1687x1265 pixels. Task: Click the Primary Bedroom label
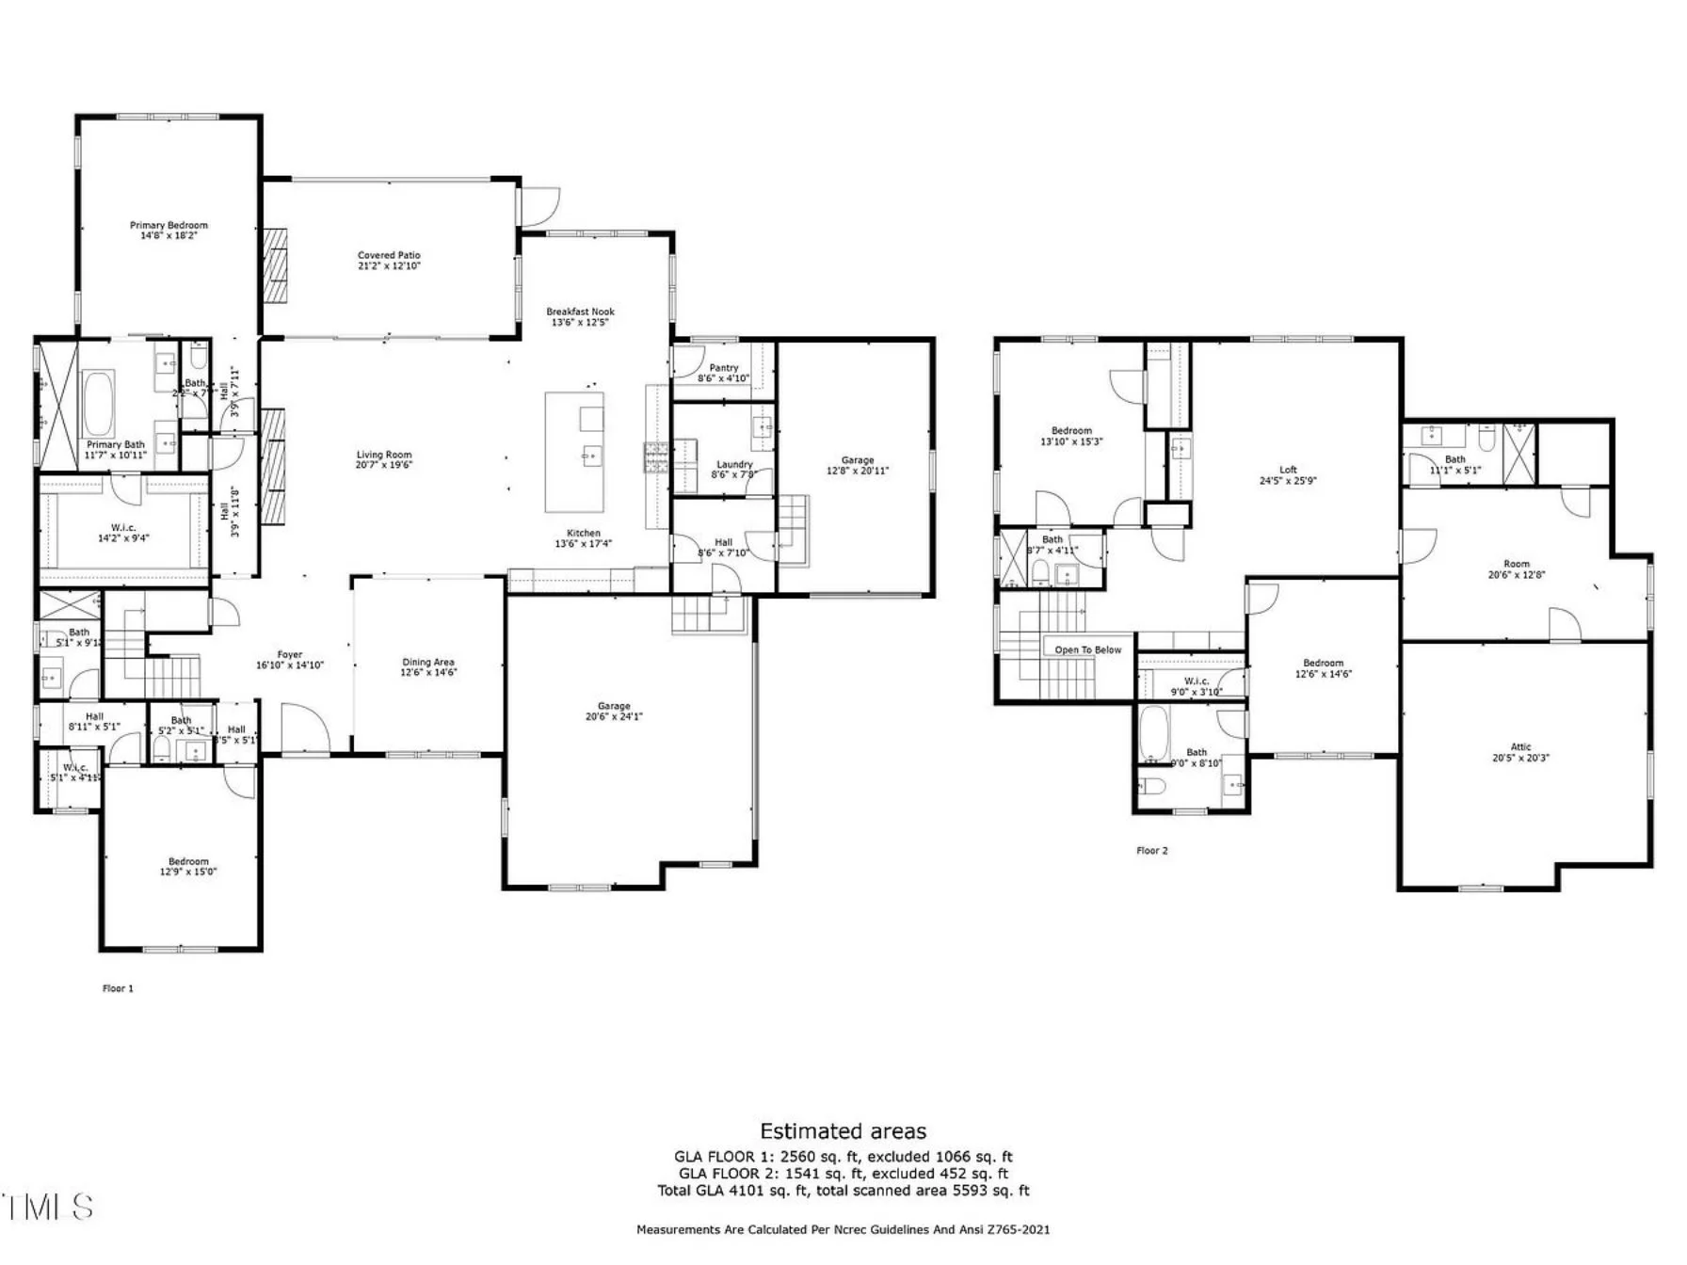click(x=169, y=226)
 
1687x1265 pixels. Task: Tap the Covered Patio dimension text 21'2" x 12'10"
click(x=389, y=266)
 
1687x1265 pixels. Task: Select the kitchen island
click(x=574, y=452)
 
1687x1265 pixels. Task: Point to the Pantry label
click(x=723, y=368)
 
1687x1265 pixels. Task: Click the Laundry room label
click(x=734, y=464)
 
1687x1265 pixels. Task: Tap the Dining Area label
click(x=428, y=663)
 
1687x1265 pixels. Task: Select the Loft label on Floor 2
click(x=1288, y=470)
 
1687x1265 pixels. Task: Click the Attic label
click(x=1520, y=747)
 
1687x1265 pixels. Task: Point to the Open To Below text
click(x=1087, y=650)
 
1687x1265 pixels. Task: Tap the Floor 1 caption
click(x=118, y=988)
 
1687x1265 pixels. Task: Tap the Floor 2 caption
click(x=1151, y=851)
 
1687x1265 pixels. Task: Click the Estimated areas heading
click(x=843, y=1131)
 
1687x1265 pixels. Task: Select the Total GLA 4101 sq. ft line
click(x=843, y=1191)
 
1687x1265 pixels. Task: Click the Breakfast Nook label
click(x=580, y=312)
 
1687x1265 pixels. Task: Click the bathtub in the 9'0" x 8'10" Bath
click(x=1153, y=735)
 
